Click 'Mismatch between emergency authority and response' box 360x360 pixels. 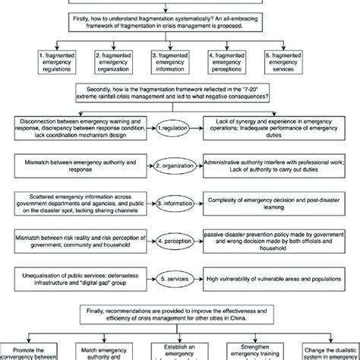81,165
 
